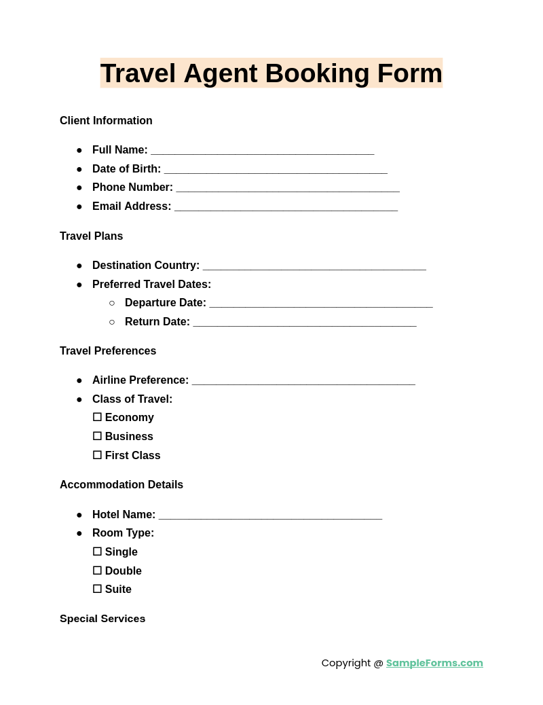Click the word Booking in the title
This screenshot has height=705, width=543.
click(317, 73)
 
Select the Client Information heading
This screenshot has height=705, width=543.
click(106, 121)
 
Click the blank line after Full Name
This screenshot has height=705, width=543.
click(262, 151)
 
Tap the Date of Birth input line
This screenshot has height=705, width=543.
click(276, 170)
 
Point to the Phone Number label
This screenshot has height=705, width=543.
click(132, 187)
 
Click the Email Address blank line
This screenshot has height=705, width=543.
click(286, 207)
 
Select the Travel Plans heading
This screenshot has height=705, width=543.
click(91, 236)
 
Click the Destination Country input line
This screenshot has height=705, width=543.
click(314, 266)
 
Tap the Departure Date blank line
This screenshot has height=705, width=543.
click(320, 304)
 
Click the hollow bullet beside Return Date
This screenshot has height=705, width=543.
click(112, 322)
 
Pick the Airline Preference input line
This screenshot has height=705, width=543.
click(303, 381)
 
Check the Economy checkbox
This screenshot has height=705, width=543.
click(97, 417)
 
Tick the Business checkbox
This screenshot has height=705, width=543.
click(97, 436)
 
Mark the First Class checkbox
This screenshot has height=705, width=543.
click(97, 455)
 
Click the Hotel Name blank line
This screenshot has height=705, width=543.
click(270, 516)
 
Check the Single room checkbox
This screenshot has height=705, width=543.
click(97, 552)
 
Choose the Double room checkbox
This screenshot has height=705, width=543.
click(97, 571)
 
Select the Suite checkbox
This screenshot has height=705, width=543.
click(97, 589)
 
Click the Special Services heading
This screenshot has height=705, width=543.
click(102, 619)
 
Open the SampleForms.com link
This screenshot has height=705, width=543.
click(434, 663)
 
